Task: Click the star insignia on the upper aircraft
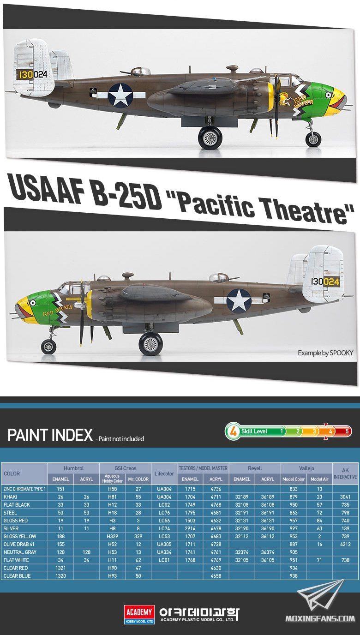[120, 95]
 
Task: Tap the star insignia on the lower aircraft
[239, 301]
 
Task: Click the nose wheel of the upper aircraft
[313, 139]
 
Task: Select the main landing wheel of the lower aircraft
[150, 344]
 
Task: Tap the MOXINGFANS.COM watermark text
[320, 618]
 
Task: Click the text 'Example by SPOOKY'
[325, 353]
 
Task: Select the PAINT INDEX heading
[50, 435]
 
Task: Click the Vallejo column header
[306, 468]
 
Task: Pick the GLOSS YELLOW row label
[20, 536]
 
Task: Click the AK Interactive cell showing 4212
[345, 544]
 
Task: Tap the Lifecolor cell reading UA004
[164, 489]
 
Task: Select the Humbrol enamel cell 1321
[60, 568]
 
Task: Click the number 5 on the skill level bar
[347, 431]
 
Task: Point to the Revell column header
[255, 468]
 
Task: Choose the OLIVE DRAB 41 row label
[19, 544]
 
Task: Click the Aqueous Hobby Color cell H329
[112, 536]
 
